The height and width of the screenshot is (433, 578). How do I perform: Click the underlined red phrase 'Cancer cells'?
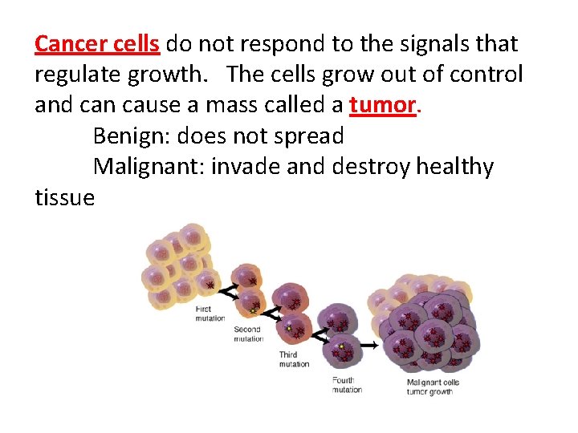(97, 44)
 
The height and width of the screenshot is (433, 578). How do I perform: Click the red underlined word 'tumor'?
(384, 105)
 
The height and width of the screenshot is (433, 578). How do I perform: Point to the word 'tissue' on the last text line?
(64, 197)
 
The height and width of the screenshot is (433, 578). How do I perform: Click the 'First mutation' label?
(210, 314)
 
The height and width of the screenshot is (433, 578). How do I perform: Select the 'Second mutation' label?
(248, 334)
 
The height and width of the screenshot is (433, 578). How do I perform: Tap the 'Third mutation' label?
(294, 359)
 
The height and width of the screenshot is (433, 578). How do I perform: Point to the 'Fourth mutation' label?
(347, 385)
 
